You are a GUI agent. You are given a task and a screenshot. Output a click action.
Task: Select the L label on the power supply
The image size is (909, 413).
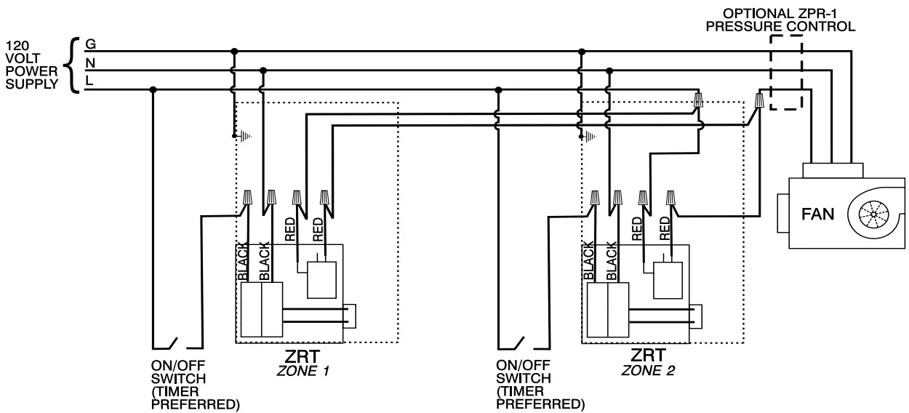89,81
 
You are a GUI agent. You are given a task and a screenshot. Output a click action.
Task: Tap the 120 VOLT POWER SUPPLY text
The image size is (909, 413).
31,64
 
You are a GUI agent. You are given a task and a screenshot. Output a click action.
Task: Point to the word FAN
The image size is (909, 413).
818,214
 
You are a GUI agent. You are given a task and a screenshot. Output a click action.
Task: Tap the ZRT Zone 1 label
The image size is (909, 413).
303,362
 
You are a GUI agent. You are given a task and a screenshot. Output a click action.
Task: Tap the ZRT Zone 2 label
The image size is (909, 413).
648,362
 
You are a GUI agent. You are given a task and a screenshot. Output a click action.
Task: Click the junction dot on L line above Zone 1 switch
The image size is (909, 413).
153,89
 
